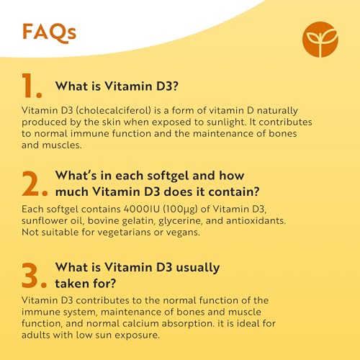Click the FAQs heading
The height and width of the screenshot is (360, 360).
coord(49,32)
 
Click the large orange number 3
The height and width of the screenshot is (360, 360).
coord(34,276)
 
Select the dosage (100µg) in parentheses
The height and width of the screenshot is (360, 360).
coord(194,209)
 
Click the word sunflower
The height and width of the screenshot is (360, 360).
coord(46,221)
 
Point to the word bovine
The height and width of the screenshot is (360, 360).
coord(112,221)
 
